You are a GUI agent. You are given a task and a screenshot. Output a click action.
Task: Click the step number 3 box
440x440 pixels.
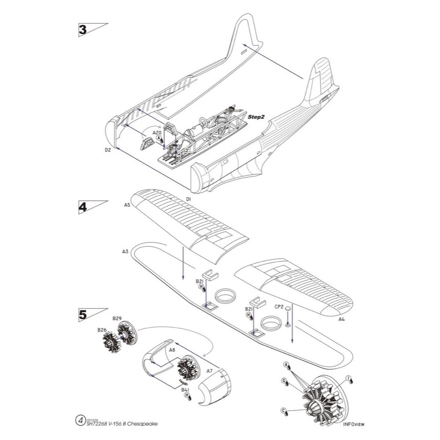[82, 30]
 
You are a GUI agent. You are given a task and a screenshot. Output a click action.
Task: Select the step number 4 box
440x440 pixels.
[82, 207]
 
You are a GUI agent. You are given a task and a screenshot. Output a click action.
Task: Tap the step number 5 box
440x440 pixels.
[82, 314]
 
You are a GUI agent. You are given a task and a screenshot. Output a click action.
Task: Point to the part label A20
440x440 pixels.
[157, 132]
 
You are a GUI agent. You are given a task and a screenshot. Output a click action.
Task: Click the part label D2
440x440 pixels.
[108, 150]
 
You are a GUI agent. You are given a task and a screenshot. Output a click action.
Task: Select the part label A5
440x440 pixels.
[127, 205]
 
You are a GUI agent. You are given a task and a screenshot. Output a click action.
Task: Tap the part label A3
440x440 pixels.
[125, 252]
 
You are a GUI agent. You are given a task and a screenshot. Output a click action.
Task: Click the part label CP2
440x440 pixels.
[279, 306]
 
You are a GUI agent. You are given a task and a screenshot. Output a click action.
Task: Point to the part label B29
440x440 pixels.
[117, 318]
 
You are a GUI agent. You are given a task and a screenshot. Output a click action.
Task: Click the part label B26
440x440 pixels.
[102, 329]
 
